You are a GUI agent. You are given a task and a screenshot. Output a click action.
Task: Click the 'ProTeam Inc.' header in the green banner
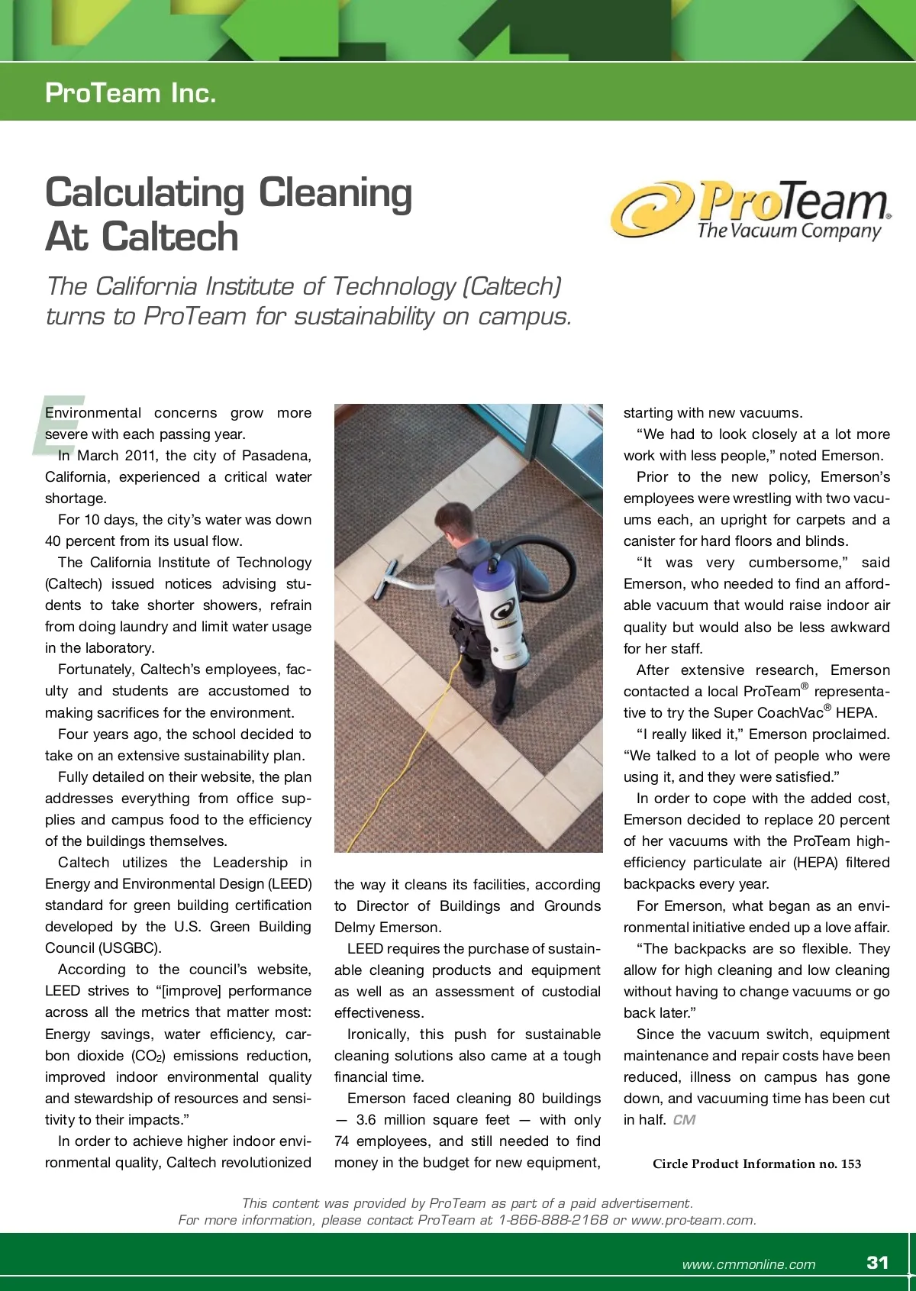131,93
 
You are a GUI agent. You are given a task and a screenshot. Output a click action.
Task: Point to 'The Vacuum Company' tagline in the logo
789,231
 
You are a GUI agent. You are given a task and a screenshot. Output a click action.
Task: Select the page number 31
878,1262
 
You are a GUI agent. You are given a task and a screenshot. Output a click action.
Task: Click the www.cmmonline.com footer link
748,1264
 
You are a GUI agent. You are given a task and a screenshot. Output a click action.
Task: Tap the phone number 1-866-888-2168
553,1219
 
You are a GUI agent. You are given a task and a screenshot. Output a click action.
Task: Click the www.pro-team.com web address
692,1219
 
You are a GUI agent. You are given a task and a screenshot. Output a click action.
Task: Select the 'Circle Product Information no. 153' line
756,1164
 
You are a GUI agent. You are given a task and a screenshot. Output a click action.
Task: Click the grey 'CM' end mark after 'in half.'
684,1120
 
